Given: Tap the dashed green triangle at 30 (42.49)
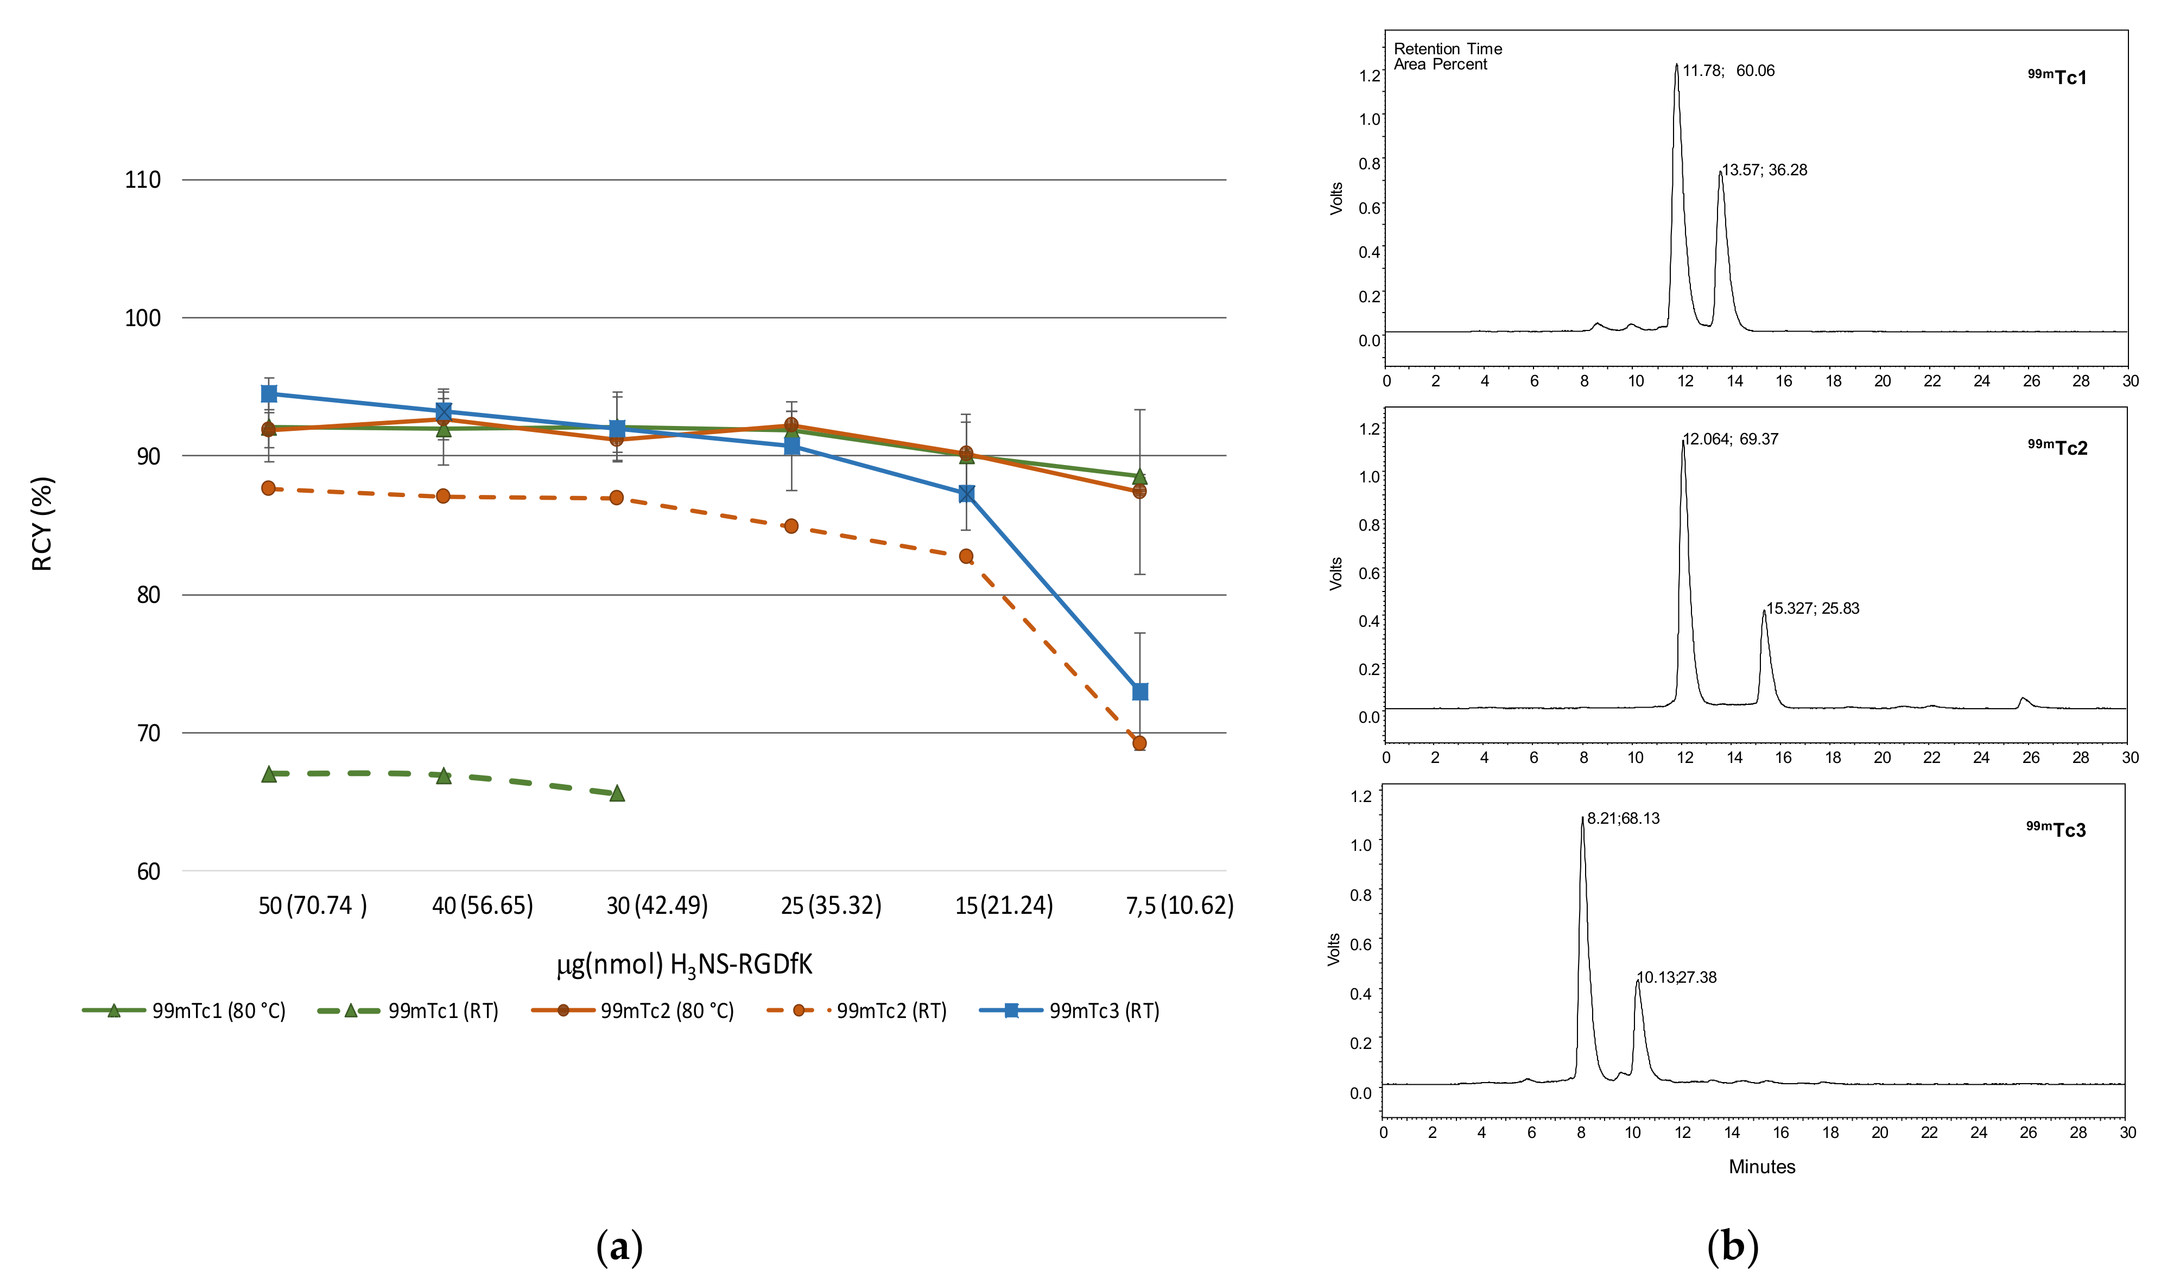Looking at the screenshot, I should pyautogui.click(x=617, y=793).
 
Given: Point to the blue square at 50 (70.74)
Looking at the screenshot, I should pyautogui.click(x=269, y=394).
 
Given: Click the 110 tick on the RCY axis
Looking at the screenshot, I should pyautogui.click(x=143, y=180).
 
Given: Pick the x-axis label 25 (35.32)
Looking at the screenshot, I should pyautogui.click(x=831, y=906).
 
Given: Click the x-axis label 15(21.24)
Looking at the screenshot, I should pyautogui.click(x=1004, y=906).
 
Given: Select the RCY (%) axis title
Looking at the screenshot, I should pyautogui.click(x=42, y=524).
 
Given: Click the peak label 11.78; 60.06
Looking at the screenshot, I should pyautogui.click(x=1728, y=71).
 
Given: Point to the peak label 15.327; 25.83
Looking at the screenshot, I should pyautogui.click(x=1813, y=609).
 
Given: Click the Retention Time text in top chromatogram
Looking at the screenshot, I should pyautogui.click(x=1447, y=49).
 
